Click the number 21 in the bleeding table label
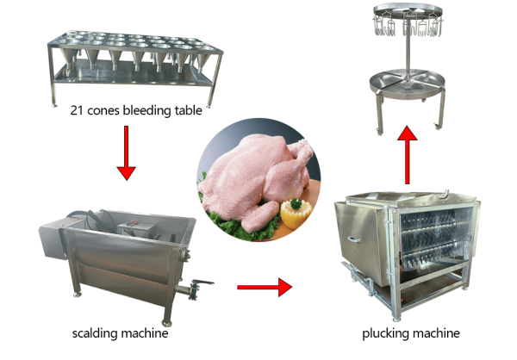click(x=77, y=110)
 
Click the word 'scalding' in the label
click(x=95, y=333)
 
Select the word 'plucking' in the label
click(x=385, y=333)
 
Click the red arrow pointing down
click(x=127, y=153)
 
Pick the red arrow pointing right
click(x=265, y=287)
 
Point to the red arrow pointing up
click(x=408, y=155)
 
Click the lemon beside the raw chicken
click(x=296, y=214)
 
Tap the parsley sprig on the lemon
click(x=296, y=204)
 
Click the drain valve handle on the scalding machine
click(x=202, y=282)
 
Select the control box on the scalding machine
click(x=136, y=228)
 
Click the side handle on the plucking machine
click(x=353, y=239)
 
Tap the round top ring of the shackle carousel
click(x=408, y=9)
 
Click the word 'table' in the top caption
click(x=188, y=109)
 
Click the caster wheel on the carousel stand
click(x=439, y=126)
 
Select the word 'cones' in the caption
click(x=103, y=111)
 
